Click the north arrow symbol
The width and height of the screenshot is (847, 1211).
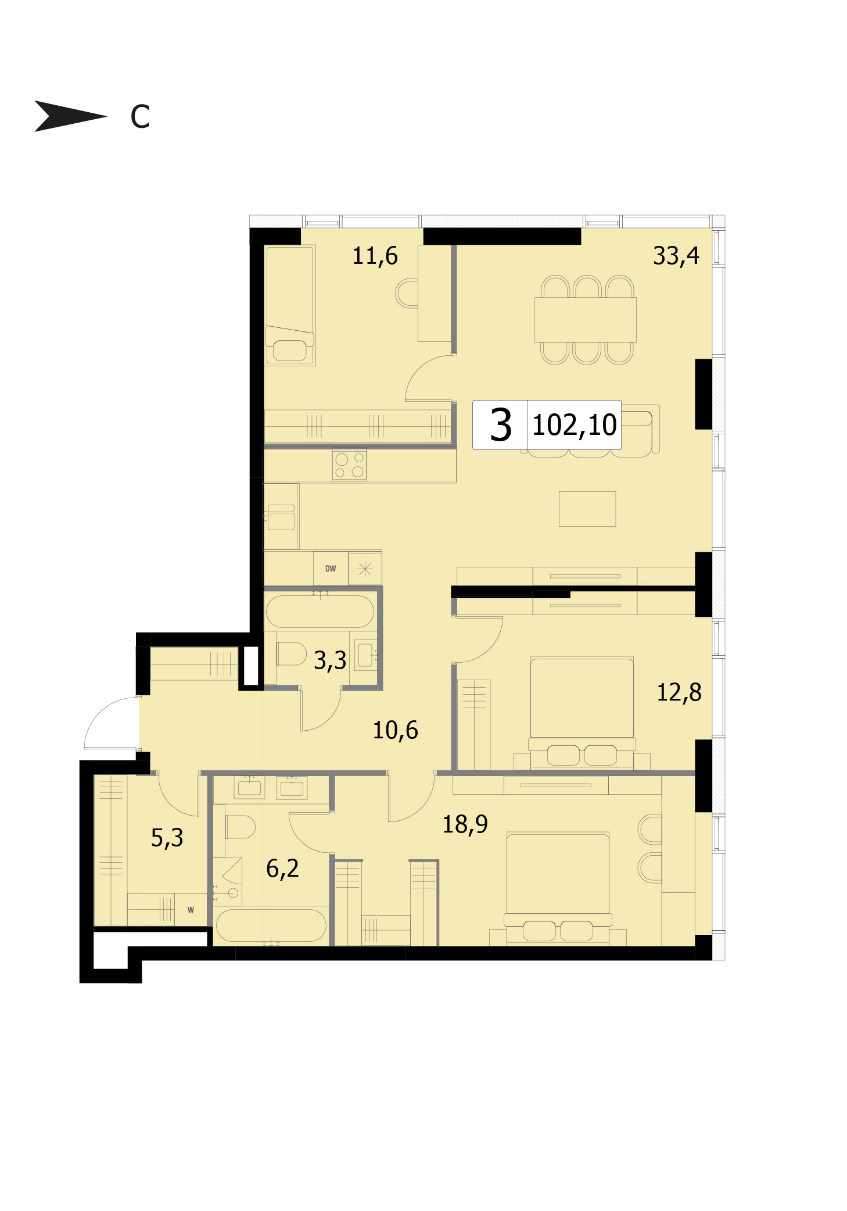coord(70,116)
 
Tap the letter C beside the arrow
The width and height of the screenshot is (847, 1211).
coord(140,116)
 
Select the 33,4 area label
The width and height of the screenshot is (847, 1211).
coord(676,256)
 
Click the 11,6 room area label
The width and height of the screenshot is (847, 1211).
coord(375,256)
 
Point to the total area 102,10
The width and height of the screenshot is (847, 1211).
coord(575,425)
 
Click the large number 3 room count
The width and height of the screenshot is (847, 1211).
coord(500,425)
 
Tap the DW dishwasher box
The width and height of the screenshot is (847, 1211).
coord(331,568)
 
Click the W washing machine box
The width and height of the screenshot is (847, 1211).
coord(191,909)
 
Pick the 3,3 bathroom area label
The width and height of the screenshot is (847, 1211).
coord(330,660)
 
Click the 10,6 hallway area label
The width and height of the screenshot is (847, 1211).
coord(395,730)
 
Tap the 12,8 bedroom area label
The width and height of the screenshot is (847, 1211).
coord(679,692)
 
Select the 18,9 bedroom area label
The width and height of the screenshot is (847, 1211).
coord(465,824)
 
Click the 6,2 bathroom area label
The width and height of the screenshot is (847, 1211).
coord(282,869)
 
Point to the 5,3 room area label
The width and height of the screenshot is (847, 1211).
coord(167,838)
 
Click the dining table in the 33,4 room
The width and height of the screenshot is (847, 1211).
coord(585,320)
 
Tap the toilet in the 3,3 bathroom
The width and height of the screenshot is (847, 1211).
coord(291,653)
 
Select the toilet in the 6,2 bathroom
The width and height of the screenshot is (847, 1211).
coord(239,826)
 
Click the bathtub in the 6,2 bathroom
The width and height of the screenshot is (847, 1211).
coord(270,925)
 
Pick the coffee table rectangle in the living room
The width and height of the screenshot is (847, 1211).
coord(587,509)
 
